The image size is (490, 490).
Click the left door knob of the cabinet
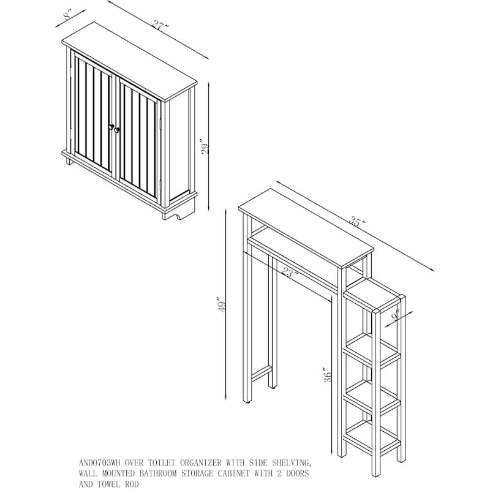coord(111,127)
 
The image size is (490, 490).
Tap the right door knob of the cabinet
coord(116,130)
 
